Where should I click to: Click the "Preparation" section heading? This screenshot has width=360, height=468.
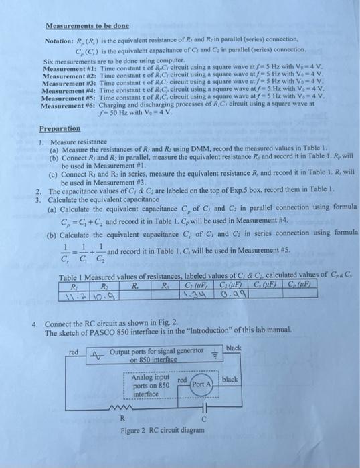pyautogui.click(x=60, y=129)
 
